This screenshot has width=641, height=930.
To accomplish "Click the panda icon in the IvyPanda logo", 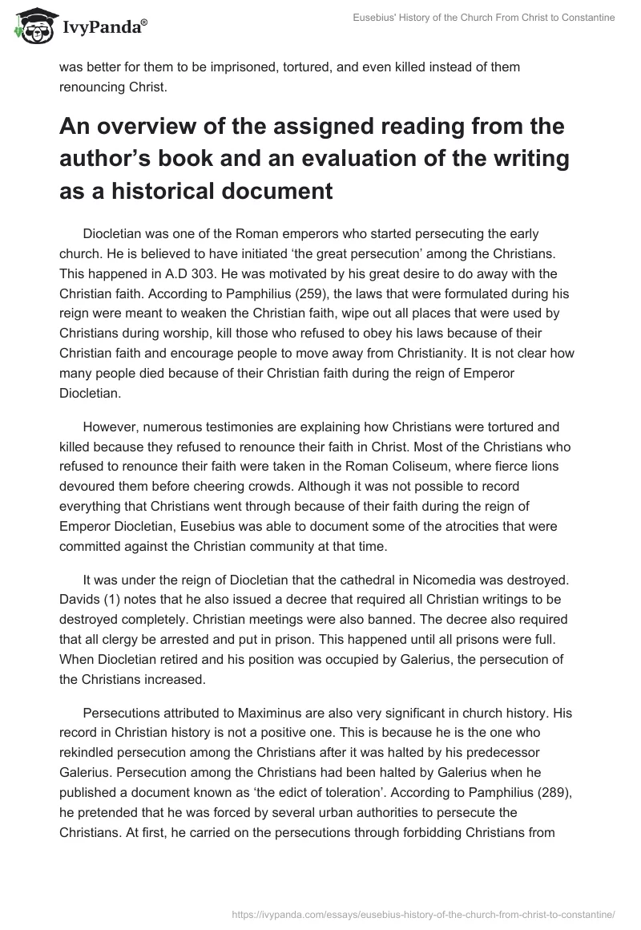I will coord(32,26).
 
